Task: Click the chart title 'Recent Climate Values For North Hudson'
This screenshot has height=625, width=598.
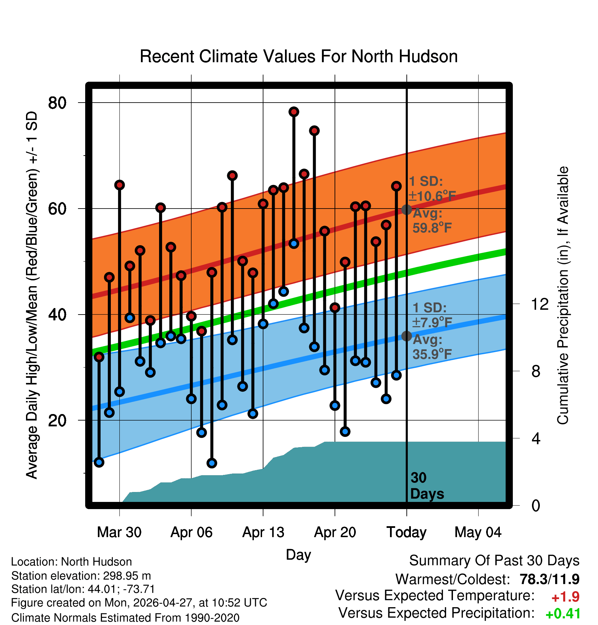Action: (299, 56)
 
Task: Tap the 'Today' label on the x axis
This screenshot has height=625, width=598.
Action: (406, 532)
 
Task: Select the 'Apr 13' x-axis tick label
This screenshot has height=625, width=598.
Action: (263, 532)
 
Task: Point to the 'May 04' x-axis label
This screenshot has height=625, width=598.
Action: (478, 532)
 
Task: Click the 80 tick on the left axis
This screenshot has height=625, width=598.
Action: (57, 103)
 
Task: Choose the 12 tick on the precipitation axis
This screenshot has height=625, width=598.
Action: (540, 304)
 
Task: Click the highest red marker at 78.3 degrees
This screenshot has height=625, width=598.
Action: (294, 112)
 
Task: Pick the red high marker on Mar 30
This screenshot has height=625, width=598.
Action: (119, 185)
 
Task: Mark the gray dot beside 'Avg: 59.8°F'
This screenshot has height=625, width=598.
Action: (406, 210)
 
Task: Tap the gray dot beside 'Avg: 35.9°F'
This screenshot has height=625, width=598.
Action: (406, 336)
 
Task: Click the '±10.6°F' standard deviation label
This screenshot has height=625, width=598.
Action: (432, 196)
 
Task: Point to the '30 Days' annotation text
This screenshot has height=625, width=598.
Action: (427, 486)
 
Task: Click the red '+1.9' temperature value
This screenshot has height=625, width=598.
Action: (565, 597)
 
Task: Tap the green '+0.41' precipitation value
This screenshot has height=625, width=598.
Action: (563, 614)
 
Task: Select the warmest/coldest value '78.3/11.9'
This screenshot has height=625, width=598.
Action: (549, 579)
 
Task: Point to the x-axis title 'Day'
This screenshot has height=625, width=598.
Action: (298, 555)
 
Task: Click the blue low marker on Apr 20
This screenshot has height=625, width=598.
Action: (335, 405)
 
